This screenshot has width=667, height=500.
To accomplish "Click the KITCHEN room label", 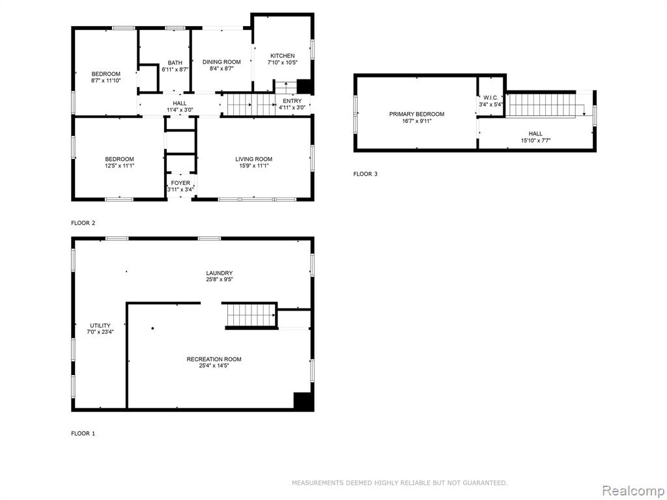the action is (x=283, y=56).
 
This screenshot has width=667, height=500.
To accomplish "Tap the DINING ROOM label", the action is (x=221, y=62).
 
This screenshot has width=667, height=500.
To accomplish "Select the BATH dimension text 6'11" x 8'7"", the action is (x=175, y=69).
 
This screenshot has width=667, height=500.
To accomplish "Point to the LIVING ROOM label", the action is (x=254, y=159).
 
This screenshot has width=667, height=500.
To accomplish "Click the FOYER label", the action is (x=180, y=183).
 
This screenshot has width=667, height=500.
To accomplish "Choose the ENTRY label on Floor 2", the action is (x=292, y=101).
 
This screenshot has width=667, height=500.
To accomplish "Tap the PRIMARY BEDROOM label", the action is (x=417, y=114).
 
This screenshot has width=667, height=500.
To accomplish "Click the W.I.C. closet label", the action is (x=490, y=98).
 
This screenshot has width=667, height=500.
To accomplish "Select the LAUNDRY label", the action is (x=220, y=273).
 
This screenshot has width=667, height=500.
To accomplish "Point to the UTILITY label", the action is (x=100, y=326).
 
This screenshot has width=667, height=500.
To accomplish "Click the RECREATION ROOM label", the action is (x=214, y=359).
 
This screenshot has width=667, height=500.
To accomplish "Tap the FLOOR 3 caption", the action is (x=365, y=174).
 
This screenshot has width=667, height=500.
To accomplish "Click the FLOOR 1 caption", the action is (x=83, y=434).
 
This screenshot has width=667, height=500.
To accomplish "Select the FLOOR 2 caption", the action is (x=83, y=223).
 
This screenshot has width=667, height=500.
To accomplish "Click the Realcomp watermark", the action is (x=632, y=490).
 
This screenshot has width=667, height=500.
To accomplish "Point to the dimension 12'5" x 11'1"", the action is (x=120, y=166).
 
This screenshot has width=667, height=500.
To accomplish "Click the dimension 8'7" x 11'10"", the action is (x=106, y=80).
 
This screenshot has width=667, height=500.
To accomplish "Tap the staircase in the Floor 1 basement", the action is (x=251, y=316).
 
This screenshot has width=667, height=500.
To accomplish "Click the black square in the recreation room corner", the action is (x=304, y=400).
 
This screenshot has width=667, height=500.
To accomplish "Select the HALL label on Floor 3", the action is (x=535, y=133).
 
